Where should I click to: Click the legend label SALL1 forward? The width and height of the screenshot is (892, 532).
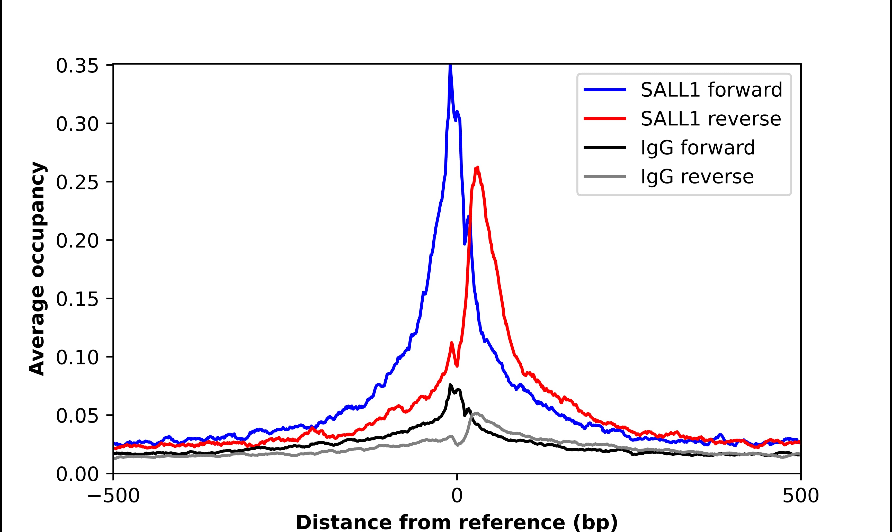[x=711, y=90]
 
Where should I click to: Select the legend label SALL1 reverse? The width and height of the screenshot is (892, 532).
[x=710, y=119]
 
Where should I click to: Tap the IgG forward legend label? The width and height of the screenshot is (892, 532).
[x=698, y=148]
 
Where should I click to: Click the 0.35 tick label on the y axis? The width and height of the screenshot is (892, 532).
[x=77, y=66]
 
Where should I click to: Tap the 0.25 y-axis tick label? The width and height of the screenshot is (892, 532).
[x=77, y=182]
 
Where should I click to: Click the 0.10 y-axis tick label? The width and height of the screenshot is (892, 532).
[x=77, y=357]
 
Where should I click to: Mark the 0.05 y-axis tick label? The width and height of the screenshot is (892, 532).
[x=77, y=416]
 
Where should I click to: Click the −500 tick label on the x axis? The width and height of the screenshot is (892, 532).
[x=113, y=497]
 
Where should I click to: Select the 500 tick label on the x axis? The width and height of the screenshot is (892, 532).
[x=800, y=497]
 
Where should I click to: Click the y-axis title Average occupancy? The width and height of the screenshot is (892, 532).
[x=37, y=269]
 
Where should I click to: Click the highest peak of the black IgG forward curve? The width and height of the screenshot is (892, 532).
[x=450, y=385]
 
